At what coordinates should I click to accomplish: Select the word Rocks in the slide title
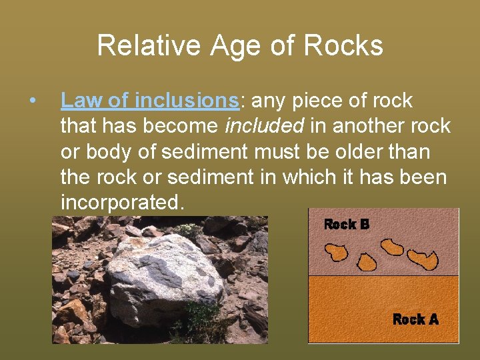coord(343,46)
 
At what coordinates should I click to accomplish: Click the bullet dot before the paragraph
coord(32,101)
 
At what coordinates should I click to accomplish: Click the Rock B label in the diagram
coord(346,225)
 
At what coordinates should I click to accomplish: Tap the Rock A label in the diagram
coord(415,319)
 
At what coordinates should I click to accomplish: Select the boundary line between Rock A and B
coord(383,276)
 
